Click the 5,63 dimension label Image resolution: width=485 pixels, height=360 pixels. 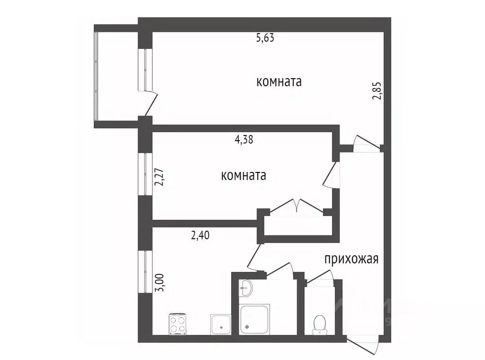pos(265,38)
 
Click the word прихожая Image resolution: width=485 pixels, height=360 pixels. pos(351,259)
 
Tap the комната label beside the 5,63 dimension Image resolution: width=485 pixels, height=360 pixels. pos(279,81)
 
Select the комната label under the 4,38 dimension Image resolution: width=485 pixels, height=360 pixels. pos(243,175)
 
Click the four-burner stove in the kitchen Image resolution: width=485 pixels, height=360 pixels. pos(178,324)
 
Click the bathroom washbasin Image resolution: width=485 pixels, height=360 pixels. pos(246,288)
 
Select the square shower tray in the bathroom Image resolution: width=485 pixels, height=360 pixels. pos(255,320)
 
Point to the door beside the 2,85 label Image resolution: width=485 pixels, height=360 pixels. pos(367,144)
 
